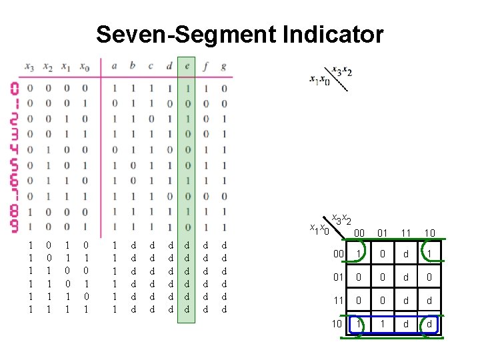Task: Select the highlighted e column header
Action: pos(187,66)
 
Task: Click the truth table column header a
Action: pos(115,66)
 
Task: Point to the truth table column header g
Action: pos(223,66)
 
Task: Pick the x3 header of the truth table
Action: pos(29,66)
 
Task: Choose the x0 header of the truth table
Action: pos(84,66)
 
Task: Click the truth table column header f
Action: pos(205,66)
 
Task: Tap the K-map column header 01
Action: pos(383,233)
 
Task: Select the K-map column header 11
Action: pos(407,233)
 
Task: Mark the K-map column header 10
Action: pos(430,233)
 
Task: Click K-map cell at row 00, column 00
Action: pos(359,255)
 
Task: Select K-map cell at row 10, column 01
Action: pos(383,325)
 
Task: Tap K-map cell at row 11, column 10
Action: pos(430,301)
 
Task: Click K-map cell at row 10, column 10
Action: pos(430,325)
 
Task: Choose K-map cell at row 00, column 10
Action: pos(430,255)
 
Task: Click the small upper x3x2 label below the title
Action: pos(343,72)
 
